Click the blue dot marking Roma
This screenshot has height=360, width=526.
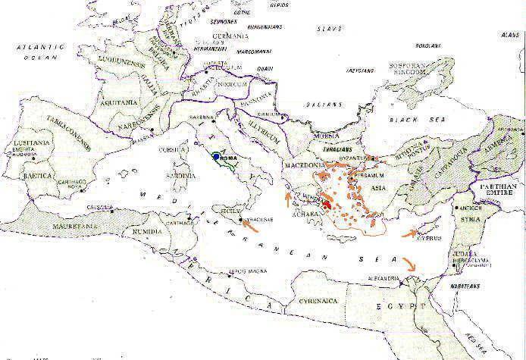click(x=216, y=157)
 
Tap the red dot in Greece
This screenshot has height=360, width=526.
click(x=326, y=203)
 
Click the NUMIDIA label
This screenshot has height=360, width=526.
click(x=142, y=222)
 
